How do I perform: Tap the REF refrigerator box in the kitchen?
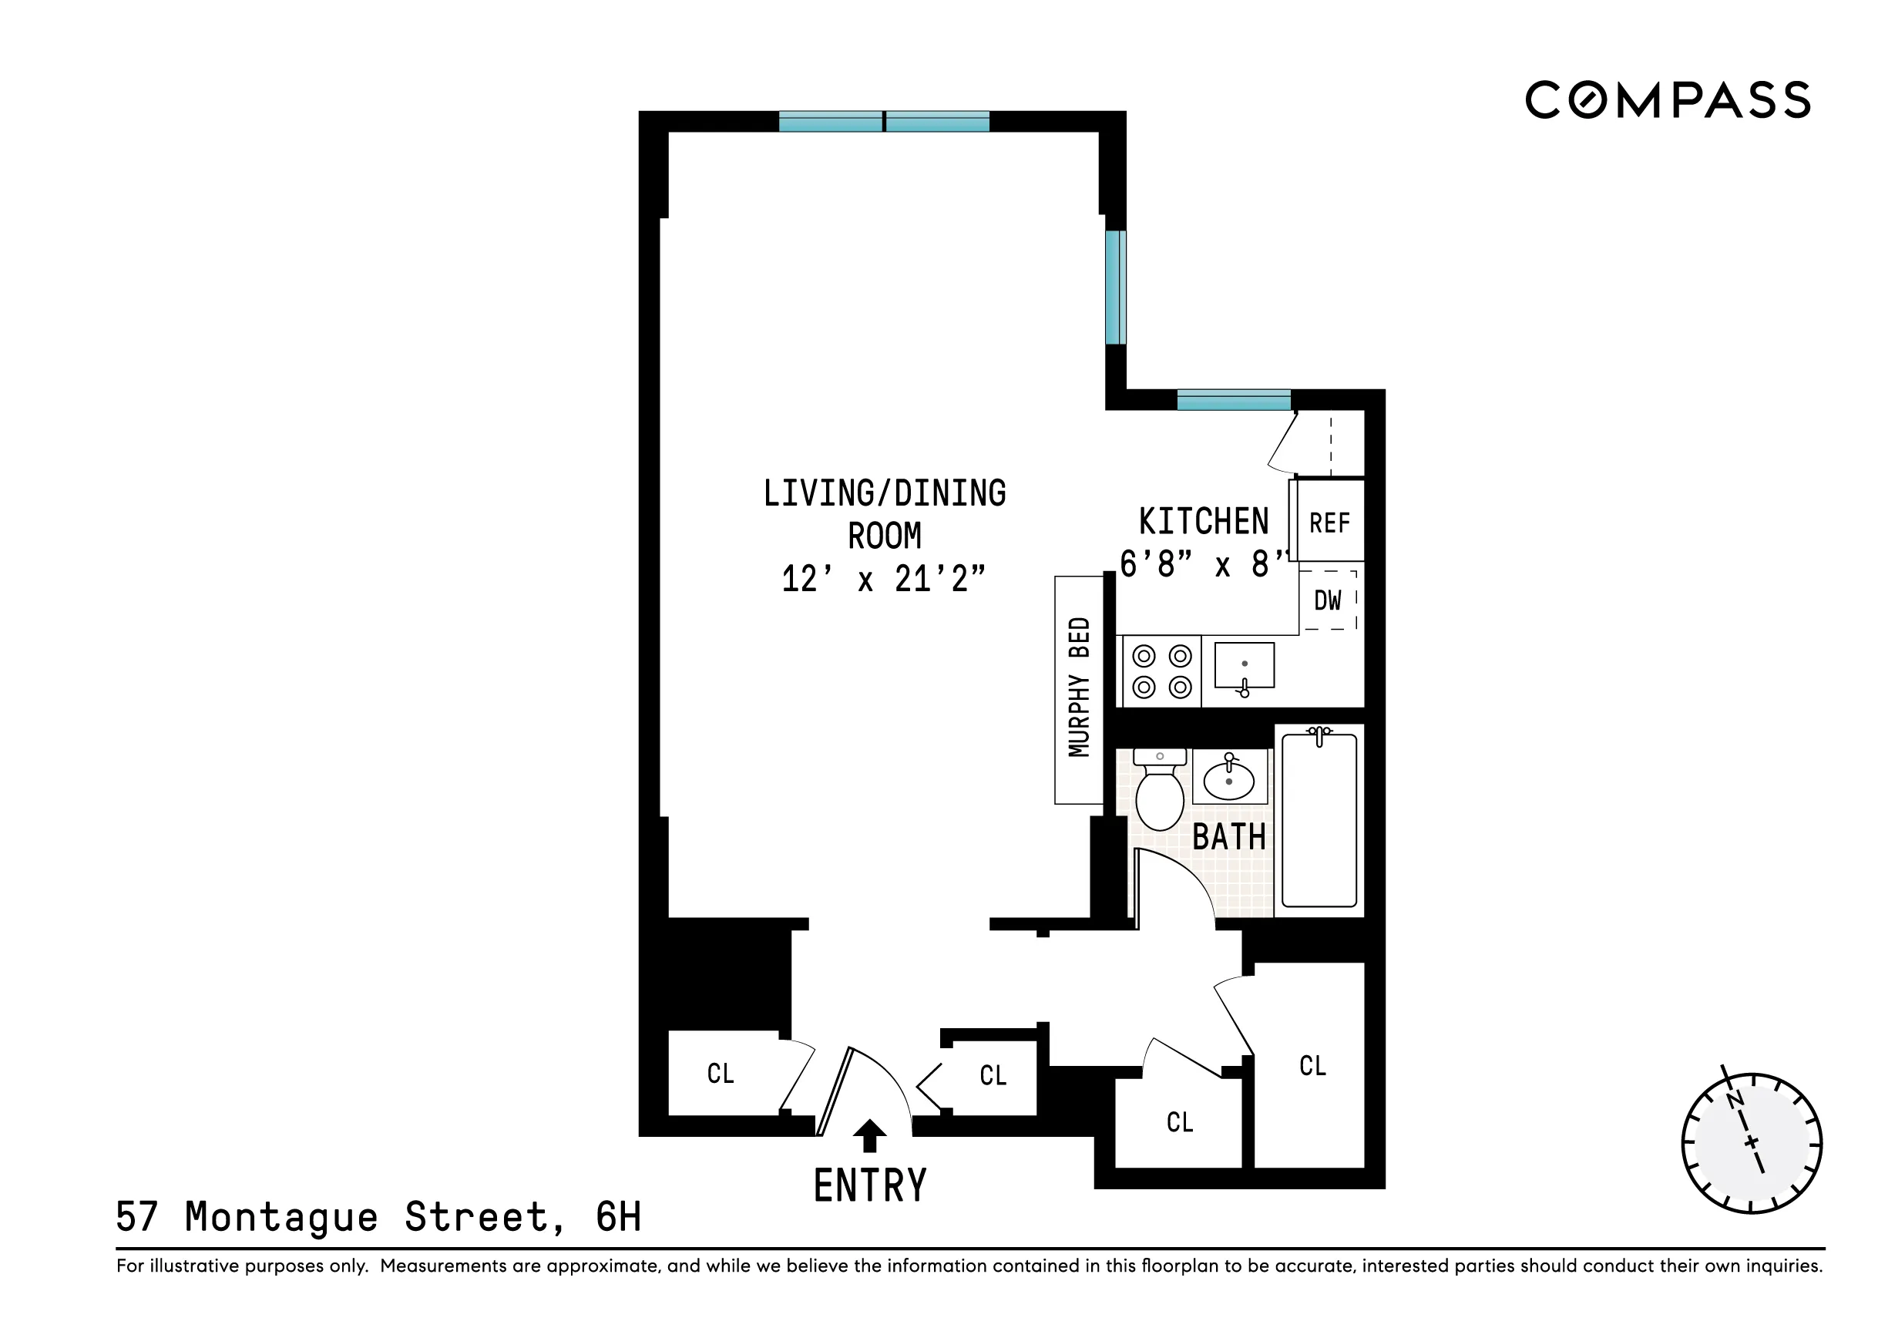point(1329,523)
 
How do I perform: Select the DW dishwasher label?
point(1327,600)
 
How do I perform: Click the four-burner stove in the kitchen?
point(1161,672)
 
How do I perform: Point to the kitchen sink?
point(1243,666)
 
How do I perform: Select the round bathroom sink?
point(1228,779)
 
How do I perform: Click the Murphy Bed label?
point(1079,688)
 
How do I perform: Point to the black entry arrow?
point(868,1137)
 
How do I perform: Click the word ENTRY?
point(869,1185)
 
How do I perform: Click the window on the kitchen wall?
point(1234,400)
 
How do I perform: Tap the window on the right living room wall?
point(1115,287)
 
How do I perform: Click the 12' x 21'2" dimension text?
point(883,580)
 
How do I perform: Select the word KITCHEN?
point(1203,522)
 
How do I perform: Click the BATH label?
point(1228,838)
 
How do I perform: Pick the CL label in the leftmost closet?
point(721,1074)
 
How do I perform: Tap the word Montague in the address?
point(281,1218)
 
